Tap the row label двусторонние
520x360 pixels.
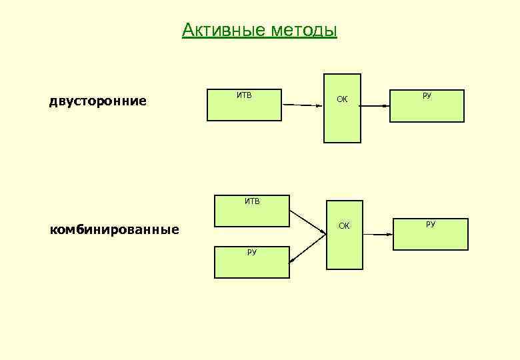98,101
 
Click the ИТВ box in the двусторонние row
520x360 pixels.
244,105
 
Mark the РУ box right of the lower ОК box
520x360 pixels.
430,233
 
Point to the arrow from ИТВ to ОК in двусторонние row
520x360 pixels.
303,104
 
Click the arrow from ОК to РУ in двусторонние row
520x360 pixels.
375,105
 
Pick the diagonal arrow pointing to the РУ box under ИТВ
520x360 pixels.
308,249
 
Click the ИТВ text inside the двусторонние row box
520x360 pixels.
244,95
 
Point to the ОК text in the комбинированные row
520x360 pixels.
344,226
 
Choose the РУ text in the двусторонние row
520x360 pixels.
427,96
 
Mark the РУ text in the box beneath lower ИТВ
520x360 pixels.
252,252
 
